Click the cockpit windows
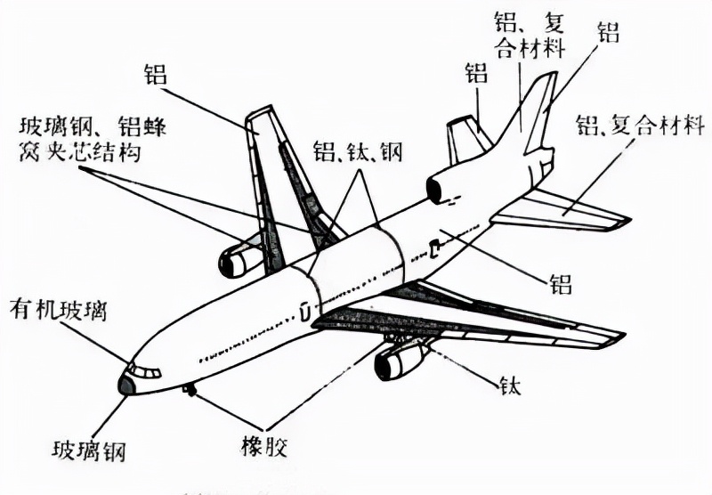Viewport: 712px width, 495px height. click(145, 370)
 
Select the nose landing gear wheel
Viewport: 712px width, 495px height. click(189, 389)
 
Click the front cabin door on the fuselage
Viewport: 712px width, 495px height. click(304, 312)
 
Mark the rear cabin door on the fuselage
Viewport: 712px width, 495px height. click(433, 248)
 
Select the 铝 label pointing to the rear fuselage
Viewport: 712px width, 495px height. click(560, 283)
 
